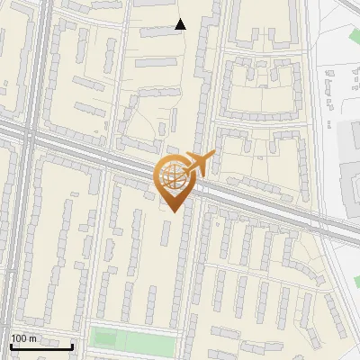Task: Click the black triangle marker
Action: coord(180,24)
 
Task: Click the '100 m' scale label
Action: coord(24,338)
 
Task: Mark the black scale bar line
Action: coord(41,346)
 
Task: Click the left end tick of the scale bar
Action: coord(11,345)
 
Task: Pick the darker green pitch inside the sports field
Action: coord(106,339)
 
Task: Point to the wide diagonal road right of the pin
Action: coord(270,209)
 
